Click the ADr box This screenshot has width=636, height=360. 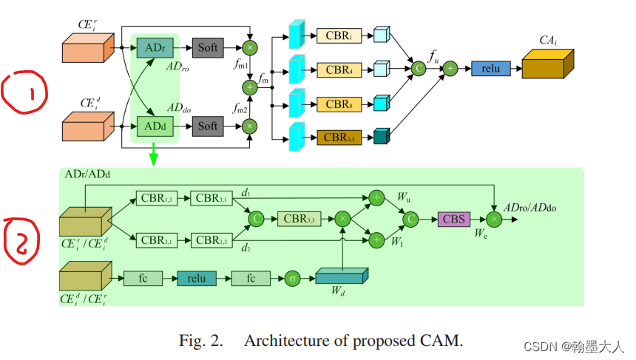(x=155, y=48)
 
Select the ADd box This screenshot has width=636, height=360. (x=155, y=126)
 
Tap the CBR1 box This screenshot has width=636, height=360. (x=339, y=35)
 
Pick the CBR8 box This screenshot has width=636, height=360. (x=339, y=104)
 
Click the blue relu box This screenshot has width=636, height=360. (x=491, y=69)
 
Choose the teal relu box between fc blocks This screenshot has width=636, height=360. (x=197, y=279)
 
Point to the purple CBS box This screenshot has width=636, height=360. (x=454, y=220)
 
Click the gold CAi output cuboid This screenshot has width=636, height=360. (x=547, y=64)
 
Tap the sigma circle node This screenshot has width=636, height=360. (x=292, y=279)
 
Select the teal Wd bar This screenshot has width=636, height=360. (x=342, y=276)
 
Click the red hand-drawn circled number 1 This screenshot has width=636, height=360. (x=24, y=92)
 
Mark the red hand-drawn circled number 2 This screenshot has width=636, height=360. (x=21, y=241)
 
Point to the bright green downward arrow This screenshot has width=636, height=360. (x=153, y=154)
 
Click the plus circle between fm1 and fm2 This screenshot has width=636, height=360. (x=250, y=87)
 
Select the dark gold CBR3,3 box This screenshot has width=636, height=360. (x=339, y=137)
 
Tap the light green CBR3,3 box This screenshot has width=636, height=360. (x=300, y=219)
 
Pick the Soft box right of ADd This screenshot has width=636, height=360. (x=208, y=126)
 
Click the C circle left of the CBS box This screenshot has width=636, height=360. (x=411, y=220)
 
